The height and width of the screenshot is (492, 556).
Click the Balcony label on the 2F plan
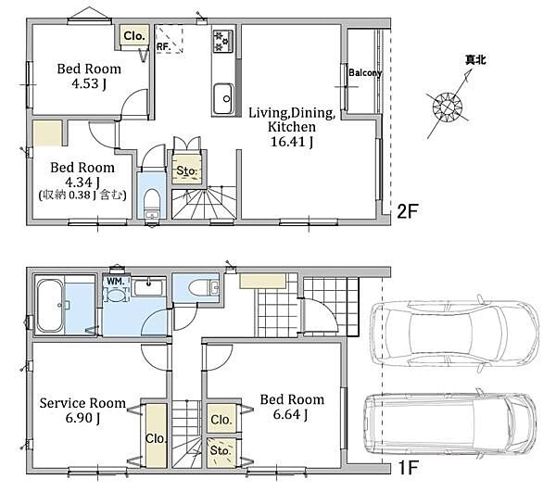coord(365,73)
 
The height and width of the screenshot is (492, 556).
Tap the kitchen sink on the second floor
coord(223,98)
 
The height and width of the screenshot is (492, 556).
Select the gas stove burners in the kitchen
coord(223,41)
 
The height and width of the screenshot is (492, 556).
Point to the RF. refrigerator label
coord(164,46)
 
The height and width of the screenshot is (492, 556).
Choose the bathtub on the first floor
coord(50,306)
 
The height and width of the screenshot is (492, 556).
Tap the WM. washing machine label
coord(116,282)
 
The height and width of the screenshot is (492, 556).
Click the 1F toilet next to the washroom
coord(201,287)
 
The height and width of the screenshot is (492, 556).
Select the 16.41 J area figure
coord(292,142)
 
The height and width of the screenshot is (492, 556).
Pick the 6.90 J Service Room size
coord(82,418)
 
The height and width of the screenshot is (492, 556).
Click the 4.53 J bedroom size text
coord(89,84)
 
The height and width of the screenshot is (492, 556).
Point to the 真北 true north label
coord(475,60)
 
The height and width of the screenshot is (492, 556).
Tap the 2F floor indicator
coord(408,211)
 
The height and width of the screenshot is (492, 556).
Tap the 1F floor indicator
coord(408,468)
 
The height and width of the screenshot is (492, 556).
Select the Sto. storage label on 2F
coord(186,171)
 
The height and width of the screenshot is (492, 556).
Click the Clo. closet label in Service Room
coord(156,438)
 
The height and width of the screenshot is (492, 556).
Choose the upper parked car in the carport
coord(454,334)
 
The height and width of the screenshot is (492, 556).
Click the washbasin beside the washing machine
coord(148,288)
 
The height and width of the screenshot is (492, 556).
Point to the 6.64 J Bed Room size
coord(290,414)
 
